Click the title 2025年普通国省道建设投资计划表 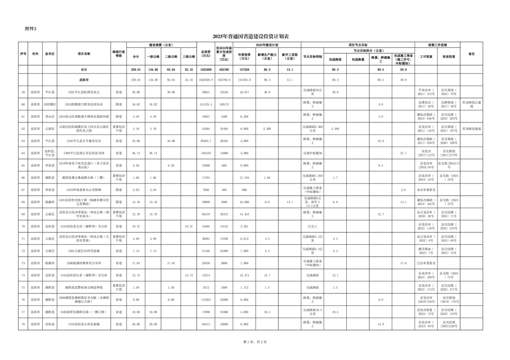tap(251, 37)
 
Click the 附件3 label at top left tap(31, 29)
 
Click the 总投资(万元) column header tap(206, 54)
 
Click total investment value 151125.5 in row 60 tap(206, 104)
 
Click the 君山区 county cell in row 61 tap(50, 116)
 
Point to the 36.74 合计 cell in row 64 tap(136, 152)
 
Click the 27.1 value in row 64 tap(403, 152)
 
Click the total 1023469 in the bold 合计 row tap(206, 69)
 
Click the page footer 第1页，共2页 tap(251, 341)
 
